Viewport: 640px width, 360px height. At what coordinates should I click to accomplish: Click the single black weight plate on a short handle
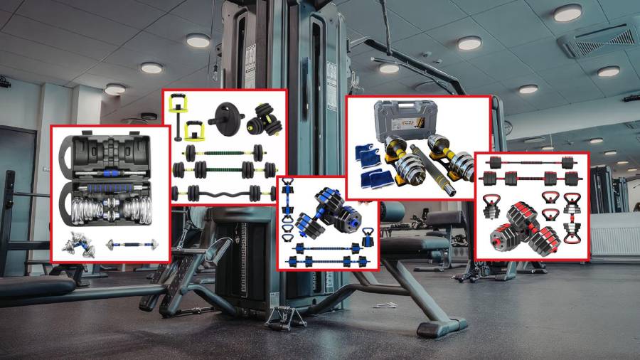(x=225, y=116)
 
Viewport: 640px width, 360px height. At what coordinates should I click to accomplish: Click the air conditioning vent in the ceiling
(x=597, y=41)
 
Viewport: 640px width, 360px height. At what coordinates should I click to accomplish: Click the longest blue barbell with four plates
(x=328, y=262)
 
